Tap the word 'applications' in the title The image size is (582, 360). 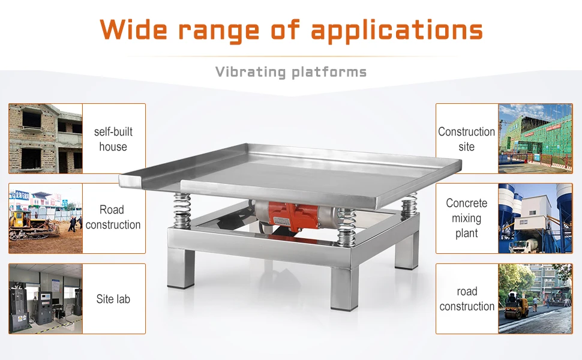(x=397, y=29)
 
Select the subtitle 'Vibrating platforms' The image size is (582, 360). (x=291, y=73)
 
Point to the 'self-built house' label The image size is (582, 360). (x=113, y=139)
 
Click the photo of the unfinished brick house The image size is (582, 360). (x=46, y=139)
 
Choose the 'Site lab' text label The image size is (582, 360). (x=113, y=299)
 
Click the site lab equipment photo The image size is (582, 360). (x=46, y=299)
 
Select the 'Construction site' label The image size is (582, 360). (x=467, y=139)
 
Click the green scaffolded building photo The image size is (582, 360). (x=535, y=139)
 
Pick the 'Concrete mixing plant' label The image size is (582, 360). (x=467, y=218)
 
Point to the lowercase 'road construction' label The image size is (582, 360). (x=467, y=299)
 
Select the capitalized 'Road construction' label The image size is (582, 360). (x=113, y=217)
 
